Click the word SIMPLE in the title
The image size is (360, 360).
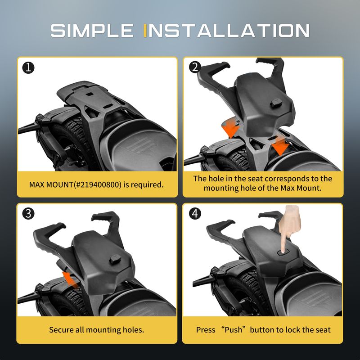click(x=92, y=31)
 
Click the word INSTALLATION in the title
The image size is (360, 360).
click(x=226, y=31)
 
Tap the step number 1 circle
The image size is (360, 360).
click(x=28, y=68)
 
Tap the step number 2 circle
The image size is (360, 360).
click(x=195, y=67)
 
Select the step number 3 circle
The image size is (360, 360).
click(x=28, y=213)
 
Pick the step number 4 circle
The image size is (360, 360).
click(x=195, y=213)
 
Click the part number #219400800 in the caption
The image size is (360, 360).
click(x=98, y=184)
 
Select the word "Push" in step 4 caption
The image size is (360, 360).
click(x=233, y=330)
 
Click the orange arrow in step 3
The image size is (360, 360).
click(x=71, y=279)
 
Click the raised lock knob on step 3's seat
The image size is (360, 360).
click(x=114, y=260)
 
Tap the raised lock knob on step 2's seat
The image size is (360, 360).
click(x=276, y=103)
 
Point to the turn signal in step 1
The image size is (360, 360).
click(x=41, y=118)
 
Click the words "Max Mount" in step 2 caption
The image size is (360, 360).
click(x=301, y=188)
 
